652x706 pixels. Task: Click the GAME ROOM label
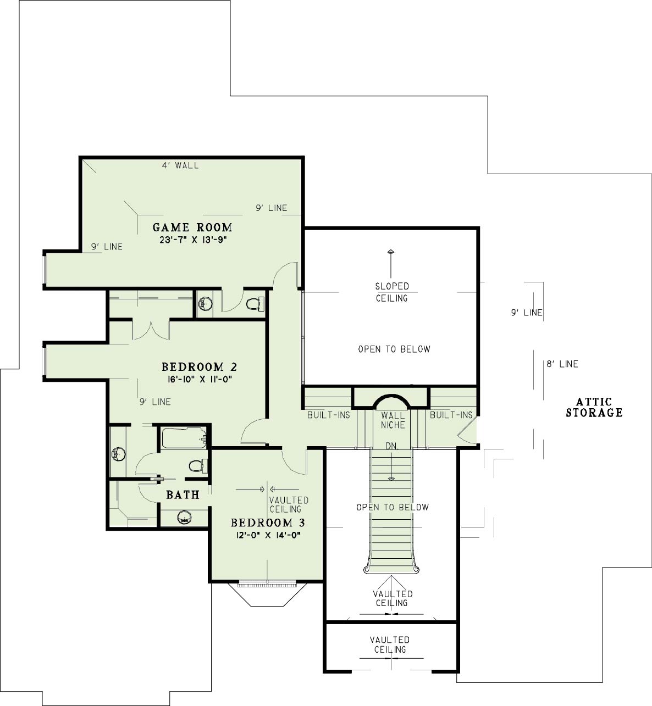pos(192,227)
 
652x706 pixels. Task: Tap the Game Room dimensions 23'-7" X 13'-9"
pos(193,240)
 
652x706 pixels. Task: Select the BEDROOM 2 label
pos(199,366)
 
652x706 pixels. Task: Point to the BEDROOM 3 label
pos(268,522)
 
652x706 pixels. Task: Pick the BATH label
pos(183,494)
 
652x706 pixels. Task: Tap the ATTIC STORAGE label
pos(594,407)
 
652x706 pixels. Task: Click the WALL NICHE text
pos(393,420)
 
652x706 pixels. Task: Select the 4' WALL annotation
pos(180,165)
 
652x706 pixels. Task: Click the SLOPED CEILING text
pos(392,292)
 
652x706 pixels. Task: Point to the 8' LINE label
pos(562,364)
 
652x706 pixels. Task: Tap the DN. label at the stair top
pos(392,446)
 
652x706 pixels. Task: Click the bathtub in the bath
pos(184,438)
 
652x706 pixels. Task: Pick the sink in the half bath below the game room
pos(205,304)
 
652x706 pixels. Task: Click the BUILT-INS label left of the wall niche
pos(329,415)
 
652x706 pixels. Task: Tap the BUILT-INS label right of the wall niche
pos(451,415)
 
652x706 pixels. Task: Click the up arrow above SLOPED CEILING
pos(391,263)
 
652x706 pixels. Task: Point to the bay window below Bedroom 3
pos(267,593)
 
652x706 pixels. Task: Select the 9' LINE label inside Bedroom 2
pos(155,402)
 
